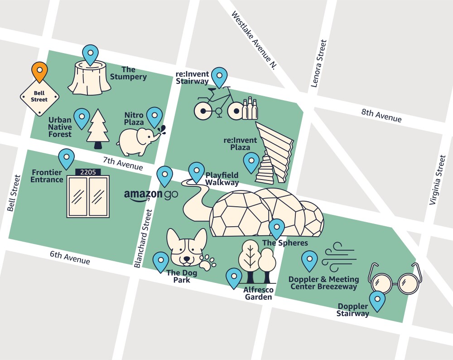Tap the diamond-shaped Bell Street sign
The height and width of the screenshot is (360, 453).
39,97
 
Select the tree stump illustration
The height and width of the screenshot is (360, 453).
89,78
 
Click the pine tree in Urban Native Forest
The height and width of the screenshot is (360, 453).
98,128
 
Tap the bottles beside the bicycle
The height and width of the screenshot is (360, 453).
250,109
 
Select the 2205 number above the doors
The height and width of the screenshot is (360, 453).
88,172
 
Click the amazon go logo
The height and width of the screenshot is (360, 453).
150,195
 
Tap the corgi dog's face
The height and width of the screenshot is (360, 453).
186,248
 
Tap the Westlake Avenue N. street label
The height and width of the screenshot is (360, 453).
254,40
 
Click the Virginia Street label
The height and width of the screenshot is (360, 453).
438,180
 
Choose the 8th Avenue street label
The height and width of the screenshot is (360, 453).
381,116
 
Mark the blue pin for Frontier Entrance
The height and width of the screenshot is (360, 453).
67,158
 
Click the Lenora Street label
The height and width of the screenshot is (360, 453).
319,63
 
